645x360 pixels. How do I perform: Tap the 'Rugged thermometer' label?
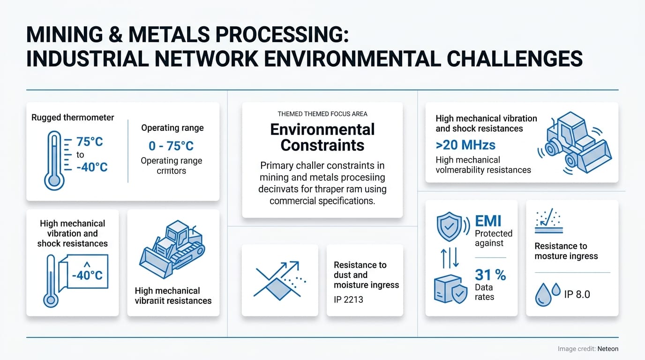pos(73,118)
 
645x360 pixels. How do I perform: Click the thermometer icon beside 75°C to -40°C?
pos(54,160)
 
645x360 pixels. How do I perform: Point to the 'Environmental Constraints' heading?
pos(322,137)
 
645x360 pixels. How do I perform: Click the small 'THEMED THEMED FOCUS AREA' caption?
pos(322,114)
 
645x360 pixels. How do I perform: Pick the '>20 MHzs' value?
pos(465,144)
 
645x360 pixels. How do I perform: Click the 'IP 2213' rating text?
pos(348,299)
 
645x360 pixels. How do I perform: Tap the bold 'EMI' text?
pos(488,221)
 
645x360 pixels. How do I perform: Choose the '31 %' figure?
pos(490,275)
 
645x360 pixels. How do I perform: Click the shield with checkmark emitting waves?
pos(449,227)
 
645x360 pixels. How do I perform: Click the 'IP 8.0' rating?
pos(577,294)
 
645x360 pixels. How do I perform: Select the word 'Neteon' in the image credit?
pos(608,349)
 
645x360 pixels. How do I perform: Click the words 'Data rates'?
pos(485,292)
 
